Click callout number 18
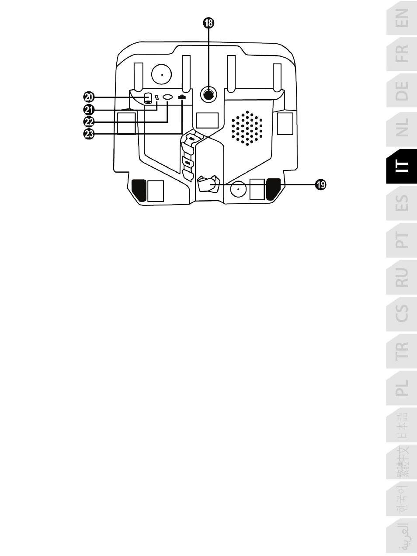click(x=208, y=23)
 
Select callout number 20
click(x=89, y=97)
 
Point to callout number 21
click(x=89, y=109)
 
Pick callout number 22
click(x=89, y=122)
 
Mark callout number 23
click(x=89, y=134)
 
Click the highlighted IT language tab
click(x=402, y=166)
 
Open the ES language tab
click(x=402, y=203)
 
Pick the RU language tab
click(x=402, y=277)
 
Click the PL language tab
click(x=402, y=388)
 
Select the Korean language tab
click(x=402, y=499)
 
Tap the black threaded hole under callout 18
click(x=208, y=94)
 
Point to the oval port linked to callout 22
click(x=168, y=98)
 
